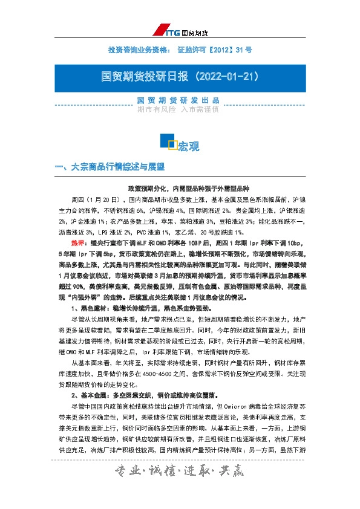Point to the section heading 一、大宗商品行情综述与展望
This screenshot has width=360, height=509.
110,166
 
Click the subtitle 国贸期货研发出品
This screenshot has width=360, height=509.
180,100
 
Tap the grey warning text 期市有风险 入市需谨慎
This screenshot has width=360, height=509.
180,110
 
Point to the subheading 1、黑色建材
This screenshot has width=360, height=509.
91,308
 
